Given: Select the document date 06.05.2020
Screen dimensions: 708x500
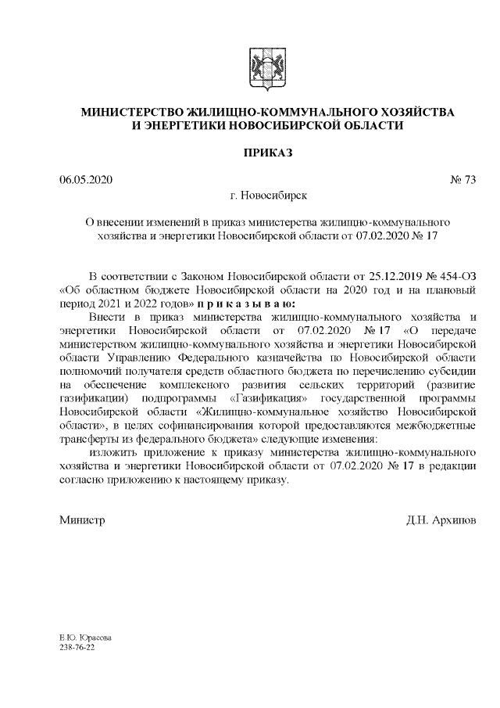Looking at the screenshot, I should coord(87,180).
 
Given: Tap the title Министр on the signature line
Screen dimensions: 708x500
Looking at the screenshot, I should coord(82,520).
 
